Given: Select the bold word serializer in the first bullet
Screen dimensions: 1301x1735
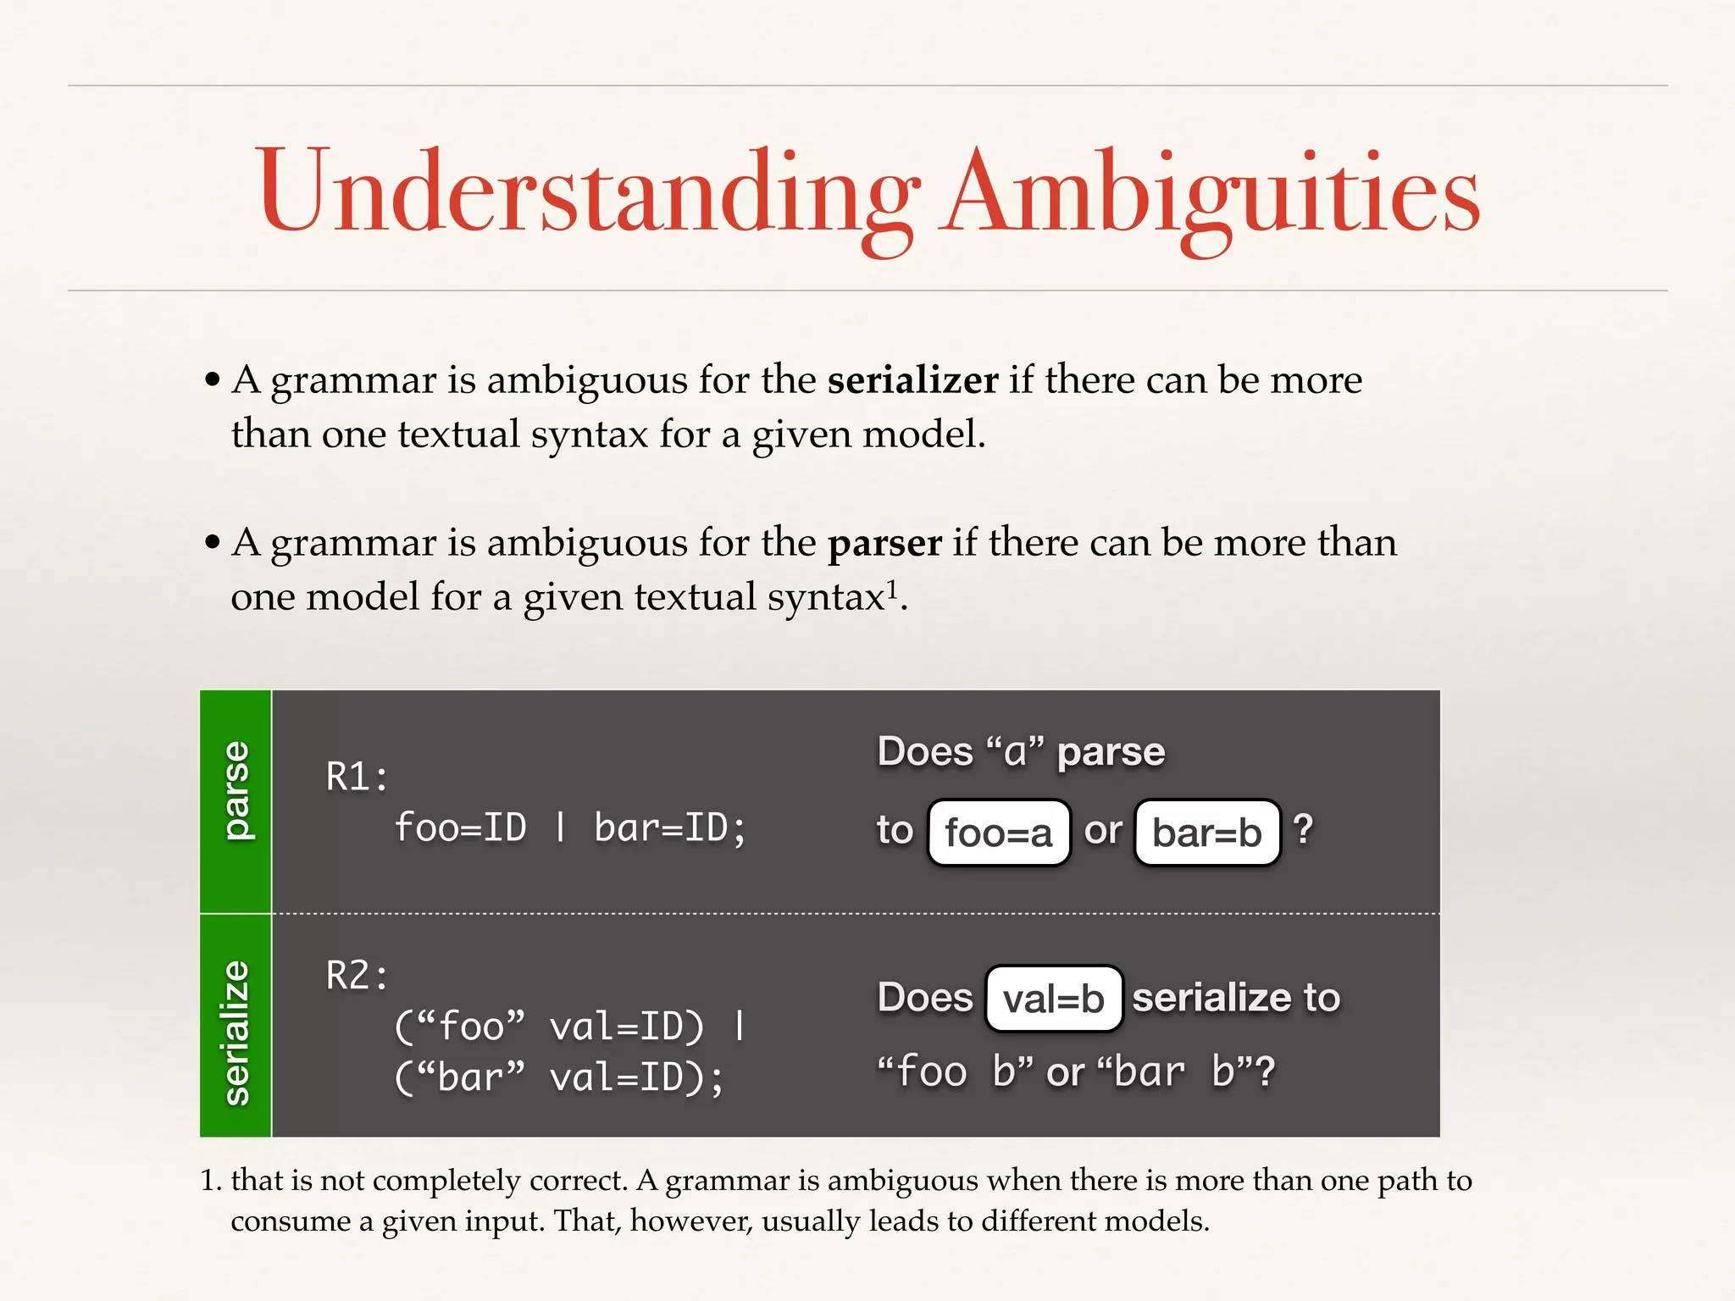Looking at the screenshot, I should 912,379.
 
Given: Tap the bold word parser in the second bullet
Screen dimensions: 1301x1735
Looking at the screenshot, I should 884,543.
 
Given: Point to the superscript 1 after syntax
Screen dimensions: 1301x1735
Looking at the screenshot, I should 891,588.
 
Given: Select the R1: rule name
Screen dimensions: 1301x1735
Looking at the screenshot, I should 357,777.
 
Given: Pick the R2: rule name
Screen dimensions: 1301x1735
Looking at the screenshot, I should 357,976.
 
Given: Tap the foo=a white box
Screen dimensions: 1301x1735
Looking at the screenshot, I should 999,833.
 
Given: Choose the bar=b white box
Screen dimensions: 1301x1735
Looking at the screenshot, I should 1206,833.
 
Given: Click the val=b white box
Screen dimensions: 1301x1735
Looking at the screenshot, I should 1053,999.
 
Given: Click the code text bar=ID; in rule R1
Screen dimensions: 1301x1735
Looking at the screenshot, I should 669,828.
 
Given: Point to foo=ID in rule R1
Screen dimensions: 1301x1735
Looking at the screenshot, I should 460,828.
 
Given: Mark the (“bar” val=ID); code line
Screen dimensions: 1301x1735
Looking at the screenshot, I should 559,1077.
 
